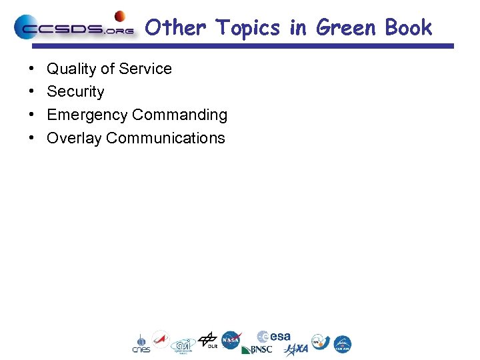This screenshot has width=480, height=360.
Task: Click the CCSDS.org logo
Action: point(73,28)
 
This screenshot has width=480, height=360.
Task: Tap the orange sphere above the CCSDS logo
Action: point(121,16)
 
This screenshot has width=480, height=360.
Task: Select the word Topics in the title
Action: point(247,28)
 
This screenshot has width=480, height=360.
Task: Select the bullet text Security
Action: point(75,92)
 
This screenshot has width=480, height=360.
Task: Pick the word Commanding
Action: point(179,115)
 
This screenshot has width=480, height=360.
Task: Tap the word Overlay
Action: point(74,139)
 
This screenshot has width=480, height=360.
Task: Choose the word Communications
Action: point(165,138)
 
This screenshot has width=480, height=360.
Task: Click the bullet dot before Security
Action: point(32,92)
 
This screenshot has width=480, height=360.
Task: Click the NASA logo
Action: point(231,341)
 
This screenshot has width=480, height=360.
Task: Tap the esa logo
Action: point(274,337)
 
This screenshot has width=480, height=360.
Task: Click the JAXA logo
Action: point(296,349)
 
